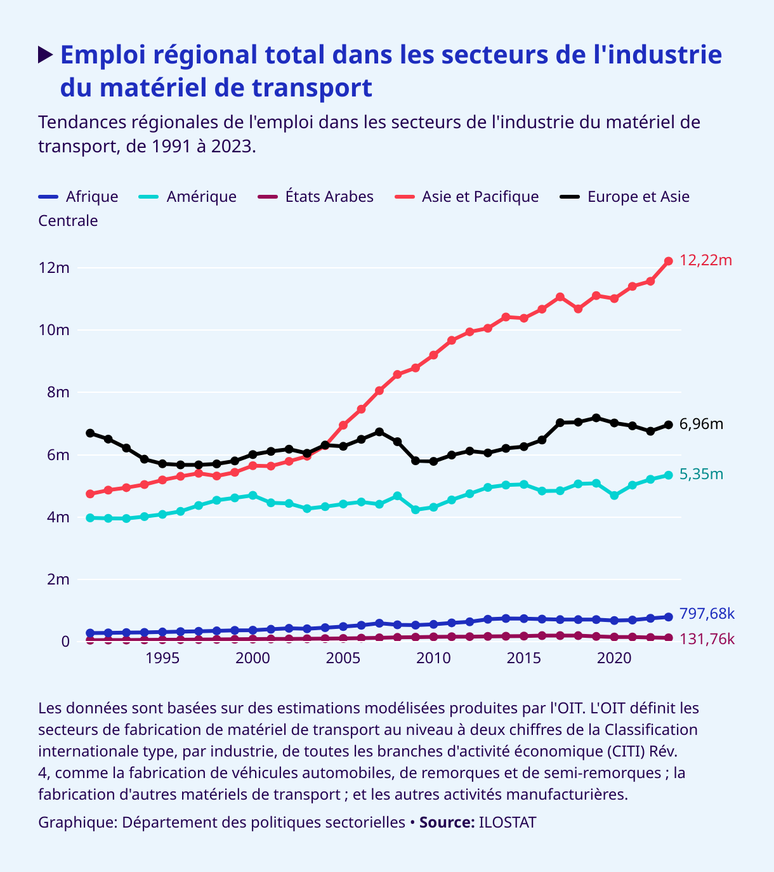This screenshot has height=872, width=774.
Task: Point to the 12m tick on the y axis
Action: pos(54,268)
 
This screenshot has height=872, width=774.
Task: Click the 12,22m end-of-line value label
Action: pos(705,260)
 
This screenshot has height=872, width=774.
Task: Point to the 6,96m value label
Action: pos(701,424)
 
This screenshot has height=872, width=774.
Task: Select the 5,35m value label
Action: pos(701,474)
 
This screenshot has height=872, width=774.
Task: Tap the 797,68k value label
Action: pos(707,614)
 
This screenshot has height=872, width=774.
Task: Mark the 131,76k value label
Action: pos(707,639)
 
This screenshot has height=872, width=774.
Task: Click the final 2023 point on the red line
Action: pos(668,261)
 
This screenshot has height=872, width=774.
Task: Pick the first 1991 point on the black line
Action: pos(90,433)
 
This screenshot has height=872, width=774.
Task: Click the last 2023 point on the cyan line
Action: pos(668,475)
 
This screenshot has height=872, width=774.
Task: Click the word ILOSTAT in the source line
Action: pos(507,822)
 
